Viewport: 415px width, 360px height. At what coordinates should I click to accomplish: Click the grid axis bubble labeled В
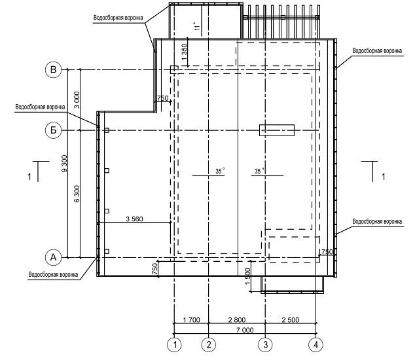click(54, 70)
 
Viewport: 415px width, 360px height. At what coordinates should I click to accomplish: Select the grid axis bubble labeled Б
click(54, 130)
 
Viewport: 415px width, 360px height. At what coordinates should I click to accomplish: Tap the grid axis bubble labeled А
click(54, 257)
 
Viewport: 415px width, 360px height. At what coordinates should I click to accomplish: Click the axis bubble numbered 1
click(174, 345)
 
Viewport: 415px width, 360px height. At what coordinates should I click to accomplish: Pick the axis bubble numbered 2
click(209, 345)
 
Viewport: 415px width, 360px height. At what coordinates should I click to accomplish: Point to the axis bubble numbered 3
click(265, 345)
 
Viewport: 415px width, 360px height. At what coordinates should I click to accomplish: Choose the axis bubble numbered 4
click(316, 345)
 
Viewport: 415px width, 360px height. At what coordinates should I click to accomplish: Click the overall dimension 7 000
click(245, 330)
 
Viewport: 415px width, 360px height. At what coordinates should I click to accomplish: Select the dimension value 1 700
click(191, 320)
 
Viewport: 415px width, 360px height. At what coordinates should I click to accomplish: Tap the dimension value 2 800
click(236, 320)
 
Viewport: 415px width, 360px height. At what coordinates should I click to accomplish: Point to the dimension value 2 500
click(291, 320)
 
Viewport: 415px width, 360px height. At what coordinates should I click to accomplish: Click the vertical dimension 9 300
click(64, 164)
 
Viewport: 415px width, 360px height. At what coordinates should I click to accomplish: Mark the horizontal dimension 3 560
click(134, 219)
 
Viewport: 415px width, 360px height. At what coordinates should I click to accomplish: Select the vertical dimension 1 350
click(184, 52)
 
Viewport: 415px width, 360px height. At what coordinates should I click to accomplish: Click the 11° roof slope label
click(196, 26)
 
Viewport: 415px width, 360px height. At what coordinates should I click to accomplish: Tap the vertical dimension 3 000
click(77, 99)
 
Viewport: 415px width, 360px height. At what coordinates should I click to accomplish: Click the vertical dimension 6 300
click(77, 194)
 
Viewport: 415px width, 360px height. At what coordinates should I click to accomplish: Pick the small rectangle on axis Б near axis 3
click(277, 130)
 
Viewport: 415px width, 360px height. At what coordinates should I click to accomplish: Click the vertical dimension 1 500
click(247, 276)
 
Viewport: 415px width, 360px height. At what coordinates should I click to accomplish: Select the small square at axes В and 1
click(174, 69)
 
